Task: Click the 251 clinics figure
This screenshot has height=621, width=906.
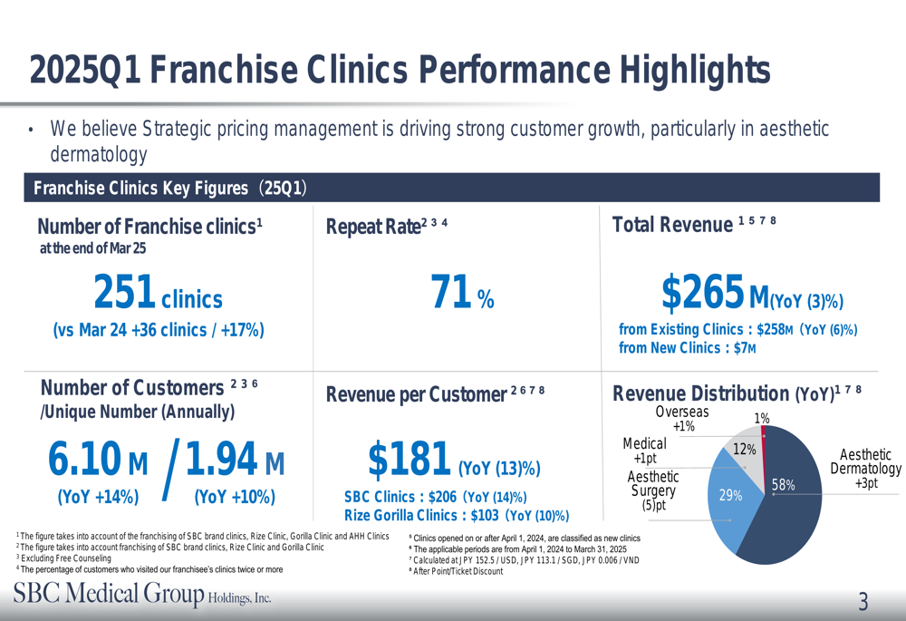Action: point(158,293)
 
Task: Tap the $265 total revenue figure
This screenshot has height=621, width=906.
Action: point(703,293)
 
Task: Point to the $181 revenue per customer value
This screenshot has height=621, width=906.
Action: point(410,460)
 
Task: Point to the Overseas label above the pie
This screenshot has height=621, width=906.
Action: point(682,412)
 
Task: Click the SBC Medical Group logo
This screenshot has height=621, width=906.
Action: point(141,596)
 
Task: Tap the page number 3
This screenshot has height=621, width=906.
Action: point(863,601)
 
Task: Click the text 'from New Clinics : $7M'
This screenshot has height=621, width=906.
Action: point(688,348)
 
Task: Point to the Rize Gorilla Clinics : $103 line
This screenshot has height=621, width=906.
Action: point(457,515)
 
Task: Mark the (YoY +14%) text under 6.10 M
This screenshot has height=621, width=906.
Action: point(98,497)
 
